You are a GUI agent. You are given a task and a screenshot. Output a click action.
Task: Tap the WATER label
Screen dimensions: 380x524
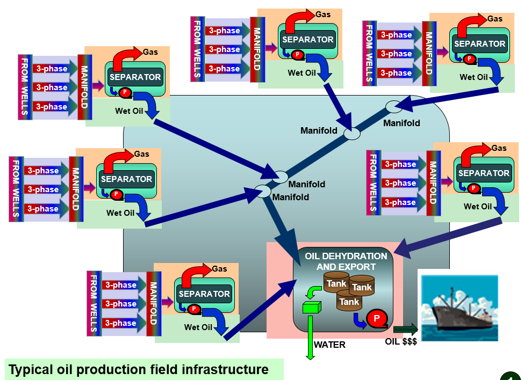(329, 345)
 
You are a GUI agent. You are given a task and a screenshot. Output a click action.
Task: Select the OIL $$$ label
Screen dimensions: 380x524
(401, 341)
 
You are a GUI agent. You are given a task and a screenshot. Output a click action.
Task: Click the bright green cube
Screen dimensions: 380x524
(311, 308)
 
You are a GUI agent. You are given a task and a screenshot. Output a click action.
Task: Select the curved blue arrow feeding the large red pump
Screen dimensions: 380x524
(358, 321)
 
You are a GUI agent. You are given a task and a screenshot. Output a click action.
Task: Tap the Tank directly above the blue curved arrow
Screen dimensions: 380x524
(349, 302)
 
